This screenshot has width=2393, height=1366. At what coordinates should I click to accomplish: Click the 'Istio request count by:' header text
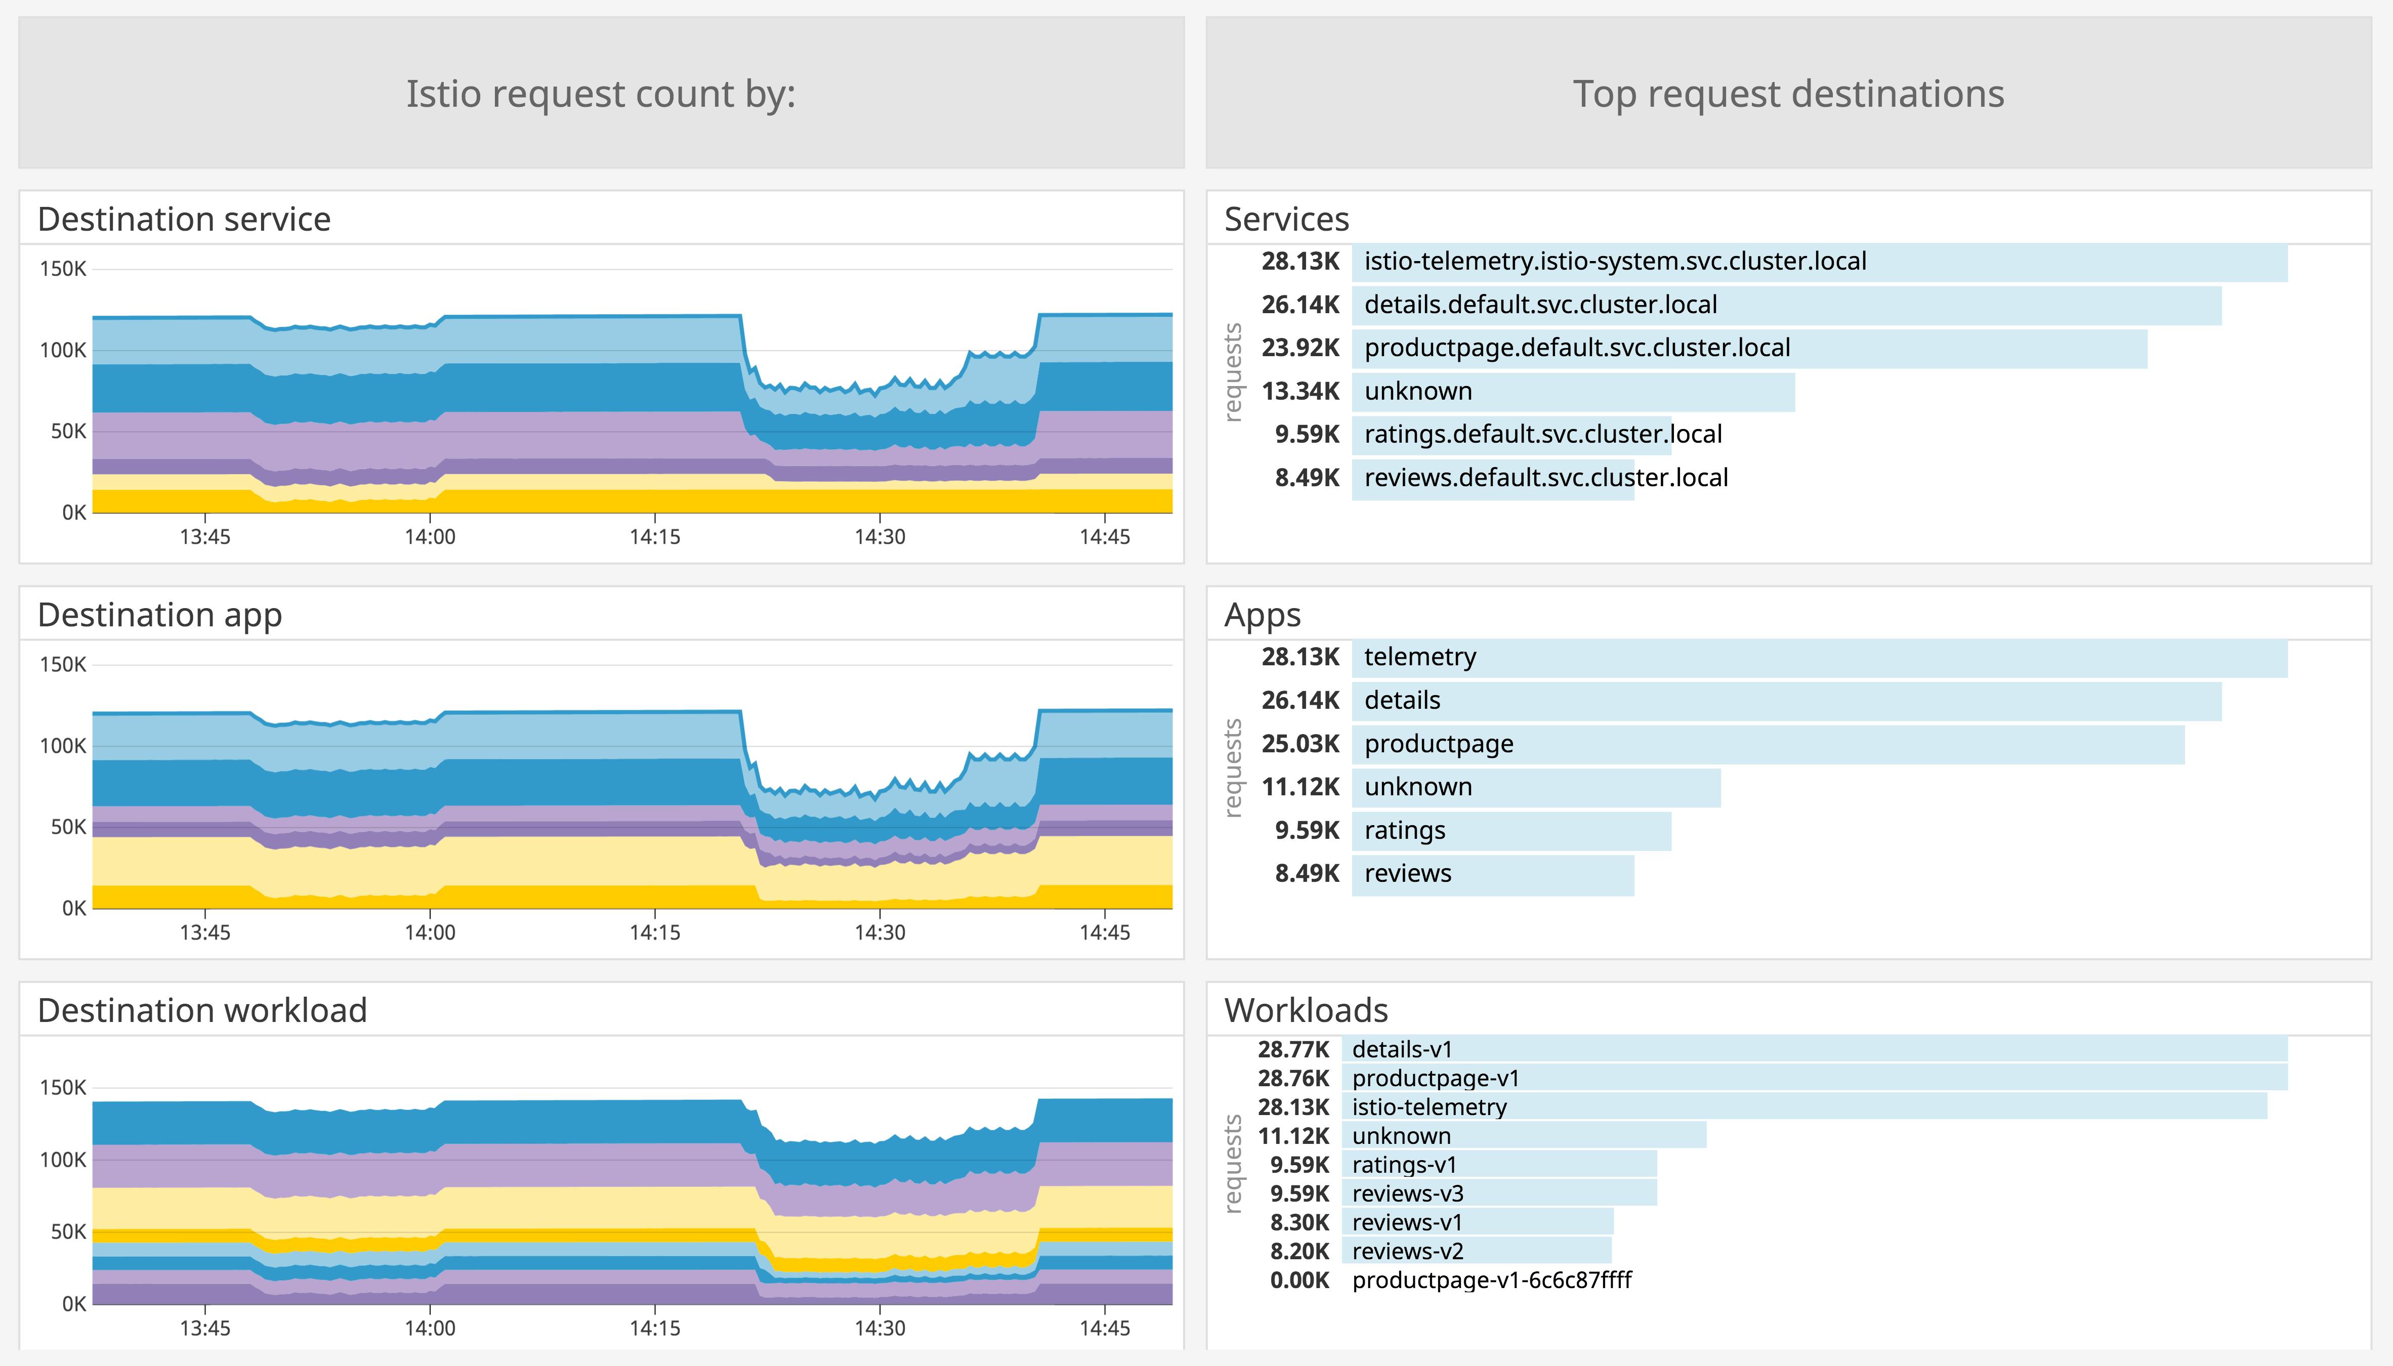[600, 94]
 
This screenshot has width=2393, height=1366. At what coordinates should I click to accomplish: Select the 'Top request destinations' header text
[1788, 94]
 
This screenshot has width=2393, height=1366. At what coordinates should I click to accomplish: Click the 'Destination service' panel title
[184, 219]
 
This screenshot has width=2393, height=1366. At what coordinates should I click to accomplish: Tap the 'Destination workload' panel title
[202, 1010]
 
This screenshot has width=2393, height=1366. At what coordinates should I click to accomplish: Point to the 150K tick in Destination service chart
[63, 269]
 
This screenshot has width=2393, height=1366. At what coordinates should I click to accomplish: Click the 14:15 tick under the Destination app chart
[655, 932]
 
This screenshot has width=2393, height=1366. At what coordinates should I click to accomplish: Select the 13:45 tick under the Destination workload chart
[204, 1329]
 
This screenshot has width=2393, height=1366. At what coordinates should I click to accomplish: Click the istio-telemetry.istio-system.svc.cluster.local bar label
[1614, 261]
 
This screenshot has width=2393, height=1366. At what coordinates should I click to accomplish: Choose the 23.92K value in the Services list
[1300, 348]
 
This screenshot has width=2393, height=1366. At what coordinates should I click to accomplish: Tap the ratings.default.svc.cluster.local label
[1542, 435]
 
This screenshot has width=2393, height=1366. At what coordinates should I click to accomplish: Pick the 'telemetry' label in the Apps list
[1419, 657]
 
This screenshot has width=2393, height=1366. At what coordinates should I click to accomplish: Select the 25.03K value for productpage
[1300, 744]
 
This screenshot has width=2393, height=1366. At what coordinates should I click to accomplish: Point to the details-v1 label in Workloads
[1402, 1050]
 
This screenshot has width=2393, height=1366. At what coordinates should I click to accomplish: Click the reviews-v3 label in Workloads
[1407, 1193]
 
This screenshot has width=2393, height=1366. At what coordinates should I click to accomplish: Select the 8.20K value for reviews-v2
[1299, 1252]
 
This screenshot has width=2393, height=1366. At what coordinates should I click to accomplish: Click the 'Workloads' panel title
[1306, 1010]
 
